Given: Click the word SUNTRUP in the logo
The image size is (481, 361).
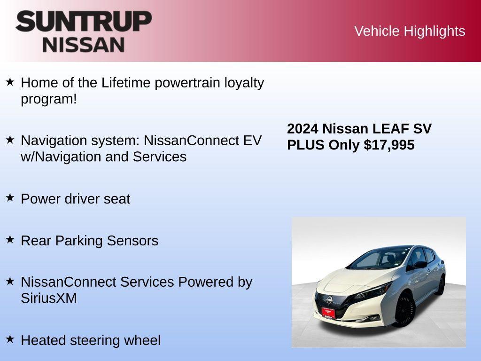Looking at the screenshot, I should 84,22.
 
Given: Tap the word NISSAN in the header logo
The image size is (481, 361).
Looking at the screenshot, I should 84,45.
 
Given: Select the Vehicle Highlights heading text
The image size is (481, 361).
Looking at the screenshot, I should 410,31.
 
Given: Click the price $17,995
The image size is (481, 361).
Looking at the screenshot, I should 389,145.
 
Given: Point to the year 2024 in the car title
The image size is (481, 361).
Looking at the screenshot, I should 303,129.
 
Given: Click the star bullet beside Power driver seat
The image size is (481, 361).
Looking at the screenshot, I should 10,197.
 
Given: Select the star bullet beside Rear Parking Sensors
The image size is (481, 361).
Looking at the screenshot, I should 10,239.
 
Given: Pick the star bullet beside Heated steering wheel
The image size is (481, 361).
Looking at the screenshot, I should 10,339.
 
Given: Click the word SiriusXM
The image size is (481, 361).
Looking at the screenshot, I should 49,298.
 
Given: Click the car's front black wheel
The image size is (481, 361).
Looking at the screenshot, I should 403,311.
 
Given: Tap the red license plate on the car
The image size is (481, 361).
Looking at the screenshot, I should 328,312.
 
